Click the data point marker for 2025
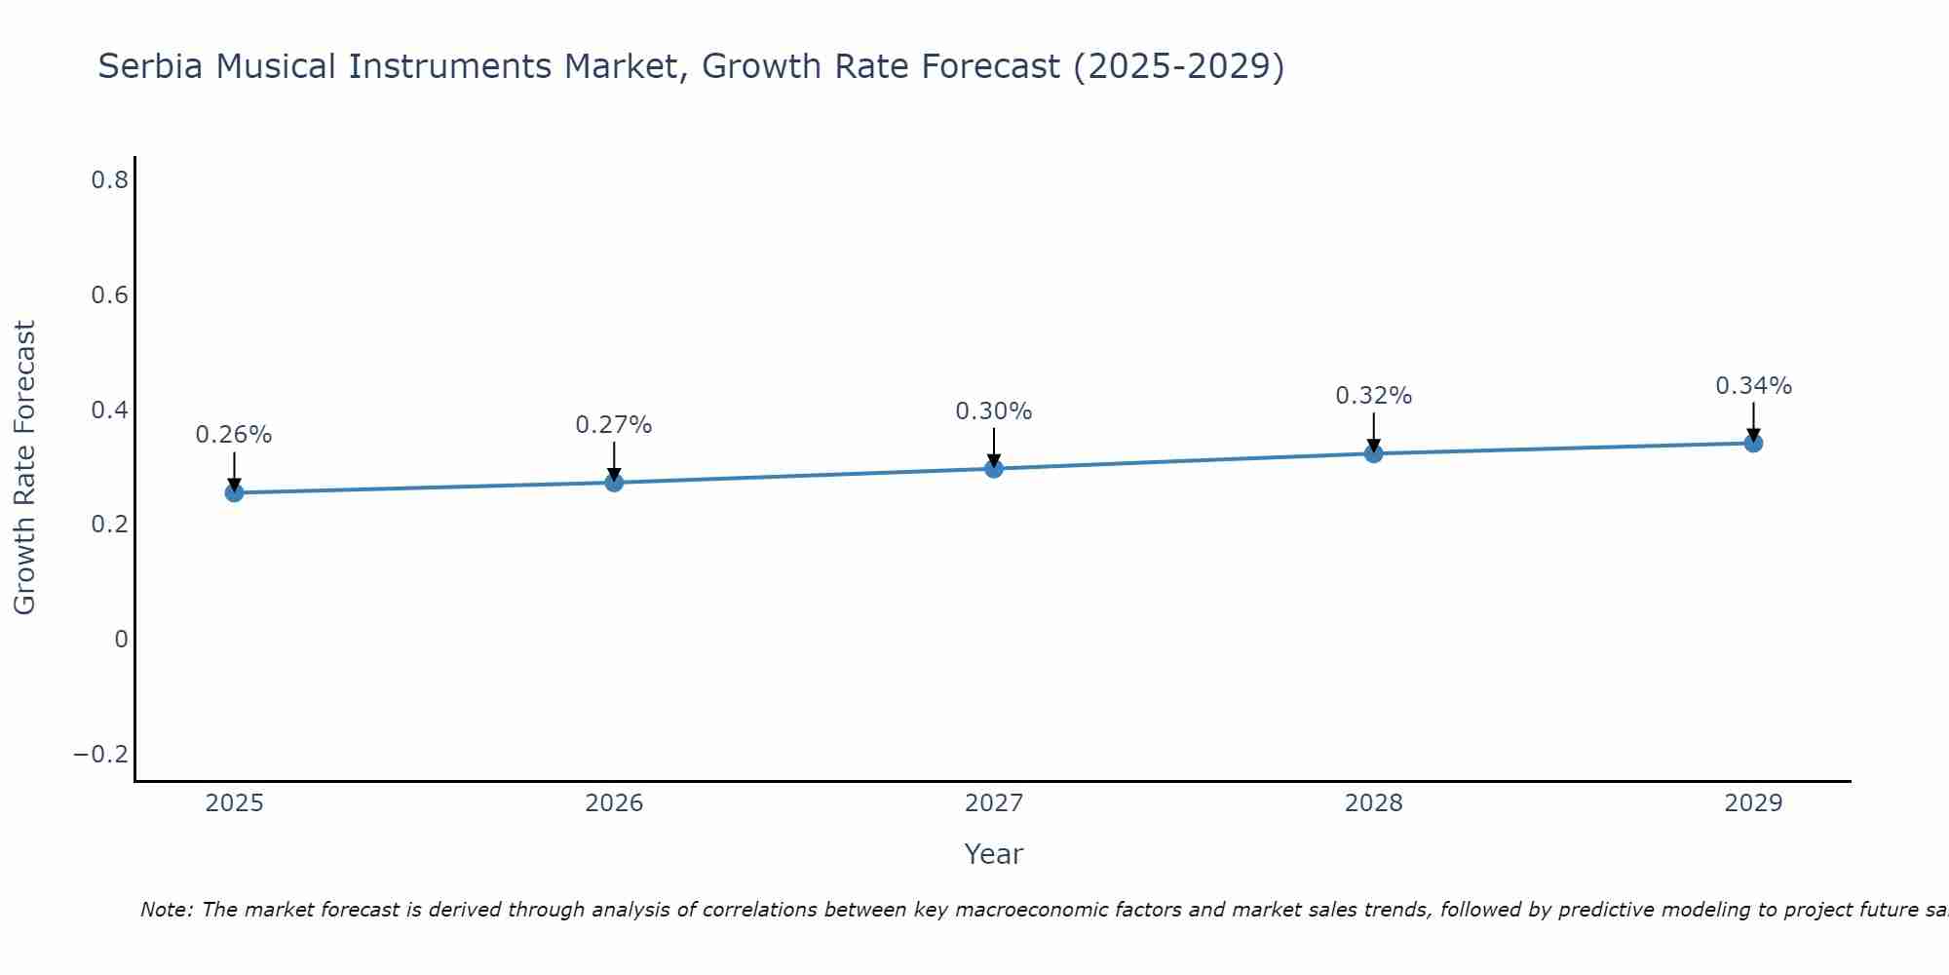(x=234, y=492)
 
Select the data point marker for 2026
(x=614, y=482)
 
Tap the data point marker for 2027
(x=994, y=469)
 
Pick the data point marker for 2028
(x=1374, y=453)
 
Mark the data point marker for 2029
(x=1753, y=443)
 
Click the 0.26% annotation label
(x=234, y=435)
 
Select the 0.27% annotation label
(x=614, y=425)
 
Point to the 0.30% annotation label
(x=994, y=411)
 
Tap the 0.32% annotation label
(x=1374, y=396)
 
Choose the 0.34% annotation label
(x=1753, y=386)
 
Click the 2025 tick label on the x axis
(x=234, y=803)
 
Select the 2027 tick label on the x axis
(x=994, y=803)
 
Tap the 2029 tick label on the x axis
(x=1753, y=803)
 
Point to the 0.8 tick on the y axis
(x=110, y=179)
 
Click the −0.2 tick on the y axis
(x=101, y=754)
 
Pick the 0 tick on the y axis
(x=122, y=640)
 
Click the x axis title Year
(x=994, y=854)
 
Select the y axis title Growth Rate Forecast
(x=24, y=468)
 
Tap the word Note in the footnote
(x=166, y=910)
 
